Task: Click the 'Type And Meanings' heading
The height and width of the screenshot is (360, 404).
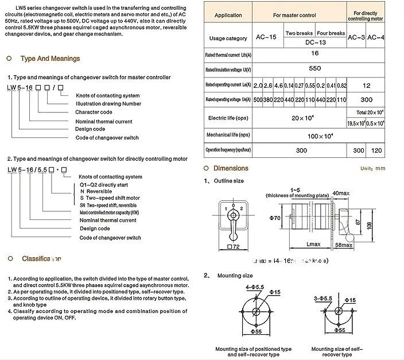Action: click(50, 59)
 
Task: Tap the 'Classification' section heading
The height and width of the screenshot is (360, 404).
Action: click(41, 259)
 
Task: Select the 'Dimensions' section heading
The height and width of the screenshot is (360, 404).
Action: click(231, 168)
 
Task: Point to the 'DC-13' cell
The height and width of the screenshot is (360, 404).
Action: click(315, 42)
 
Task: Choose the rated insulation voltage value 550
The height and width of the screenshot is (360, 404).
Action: click(314, 68)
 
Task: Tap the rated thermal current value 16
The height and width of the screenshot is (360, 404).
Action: click(314, 53)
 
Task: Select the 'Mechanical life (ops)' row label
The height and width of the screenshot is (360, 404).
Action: click(228, 135)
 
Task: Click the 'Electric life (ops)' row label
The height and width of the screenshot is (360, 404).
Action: click(228, 118)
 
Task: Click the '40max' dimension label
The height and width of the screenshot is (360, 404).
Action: click(341, 193)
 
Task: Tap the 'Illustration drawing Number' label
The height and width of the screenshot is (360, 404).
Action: click(108, 104)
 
